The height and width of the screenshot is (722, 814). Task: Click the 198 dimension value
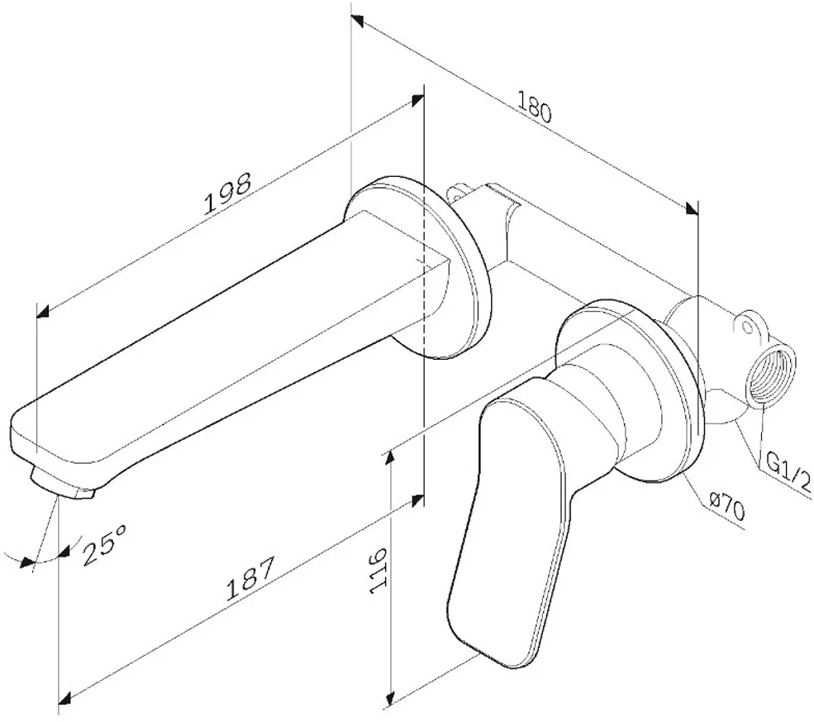[227, 193]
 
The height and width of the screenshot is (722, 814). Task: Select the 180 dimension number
[534, 107]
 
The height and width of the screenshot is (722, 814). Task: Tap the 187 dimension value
[250, 579]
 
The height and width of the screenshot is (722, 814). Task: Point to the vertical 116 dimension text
[378, 570]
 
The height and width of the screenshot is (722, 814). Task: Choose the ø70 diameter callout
[727, 507]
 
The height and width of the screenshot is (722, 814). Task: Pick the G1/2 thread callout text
[788, 473]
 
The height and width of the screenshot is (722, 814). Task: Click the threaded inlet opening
[772, 371]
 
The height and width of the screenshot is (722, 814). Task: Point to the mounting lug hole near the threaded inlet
[747, 328]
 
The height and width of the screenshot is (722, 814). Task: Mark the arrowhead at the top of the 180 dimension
[357, 22]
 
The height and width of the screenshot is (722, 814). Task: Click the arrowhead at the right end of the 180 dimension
[692, 208]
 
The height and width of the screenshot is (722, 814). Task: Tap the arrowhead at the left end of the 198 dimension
[43, 311]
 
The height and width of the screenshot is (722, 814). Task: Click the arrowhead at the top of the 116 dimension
[390, 459]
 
